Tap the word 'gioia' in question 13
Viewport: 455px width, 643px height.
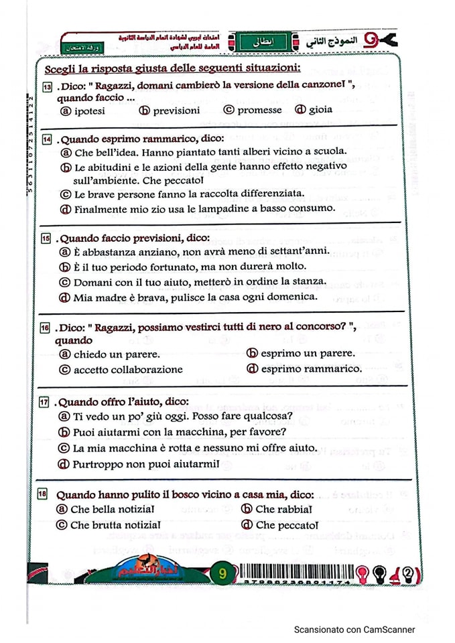[x=320, y=110]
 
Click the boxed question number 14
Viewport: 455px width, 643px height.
[x=46, y=139]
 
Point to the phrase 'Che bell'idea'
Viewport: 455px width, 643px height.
[x=104, y=152]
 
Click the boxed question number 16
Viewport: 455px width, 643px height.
[x=46, y=328]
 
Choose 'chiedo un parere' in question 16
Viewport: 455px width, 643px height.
[x=117, y=354]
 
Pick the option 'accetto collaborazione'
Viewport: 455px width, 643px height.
[x=127, y=369]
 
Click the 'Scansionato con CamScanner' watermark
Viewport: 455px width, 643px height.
[x=354, y=630]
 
